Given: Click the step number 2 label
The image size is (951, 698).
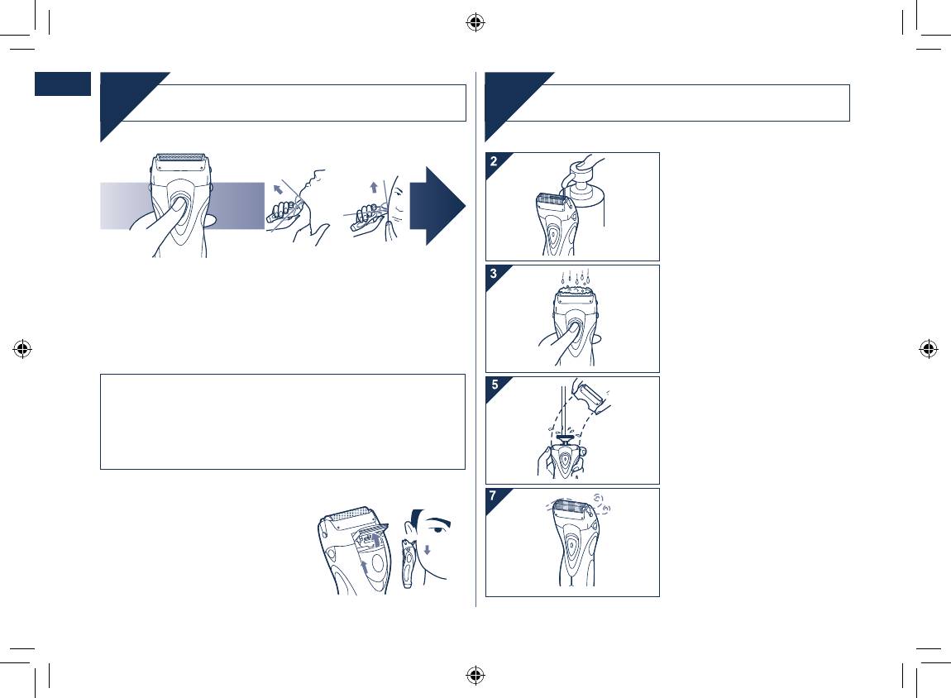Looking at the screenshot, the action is pos(494,161).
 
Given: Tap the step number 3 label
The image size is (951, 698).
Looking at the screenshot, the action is pos(494,274).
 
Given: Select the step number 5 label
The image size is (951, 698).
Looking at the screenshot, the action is pos(495,385).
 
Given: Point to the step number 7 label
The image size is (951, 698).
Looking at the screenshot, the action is pos(493,496).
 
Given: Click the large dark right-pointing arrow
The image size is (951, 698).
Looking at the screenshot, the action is pos(437,206).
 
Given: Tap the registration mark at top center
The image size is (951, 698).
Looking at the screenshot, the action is pos(475,23).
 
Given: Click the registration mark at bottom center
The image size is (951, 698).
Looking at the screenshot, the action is pos(475,674).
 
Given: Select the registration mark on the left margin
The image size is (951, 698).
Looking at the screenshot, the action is pos(22,349).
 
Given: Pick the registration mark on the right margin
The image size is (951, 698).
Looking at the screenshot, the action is pos(928,349).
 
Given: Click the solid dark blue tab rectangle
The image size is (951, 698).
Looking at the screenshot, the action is pos(63,84).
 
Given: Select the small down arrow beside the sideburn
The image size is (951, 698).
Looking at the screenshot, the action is pos(428,550).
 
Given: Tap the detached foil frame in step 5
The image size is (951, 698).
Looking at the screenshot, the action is pos(591,397).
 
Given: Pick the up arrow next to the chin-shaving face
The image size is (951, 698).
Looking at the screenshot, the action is pos(374,187).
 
